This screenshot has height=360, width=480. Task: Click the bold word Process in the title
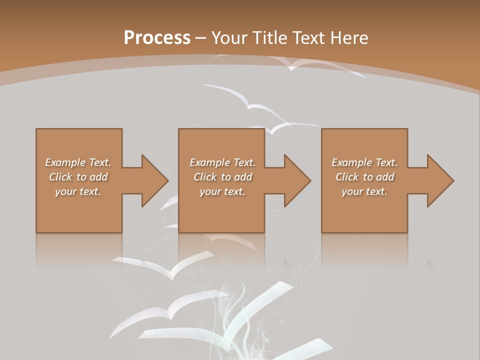click(157, 38)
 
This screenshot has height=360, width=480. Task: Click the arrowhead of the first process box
click(154, 180)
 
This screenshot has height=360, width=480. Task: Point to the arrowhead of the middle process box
click(297, 180)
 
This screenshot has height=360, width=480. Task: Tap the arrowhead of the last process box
click(440, 180)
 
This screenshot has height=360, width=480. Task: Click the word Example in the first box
click(65, 162)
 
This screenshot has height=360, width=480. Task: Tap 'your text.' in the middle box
click(222, 191)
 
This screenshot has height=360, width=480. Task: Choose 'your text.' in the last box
click(364, 191)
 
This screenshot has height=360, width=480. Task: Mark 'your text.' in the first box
click(78, 191)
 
